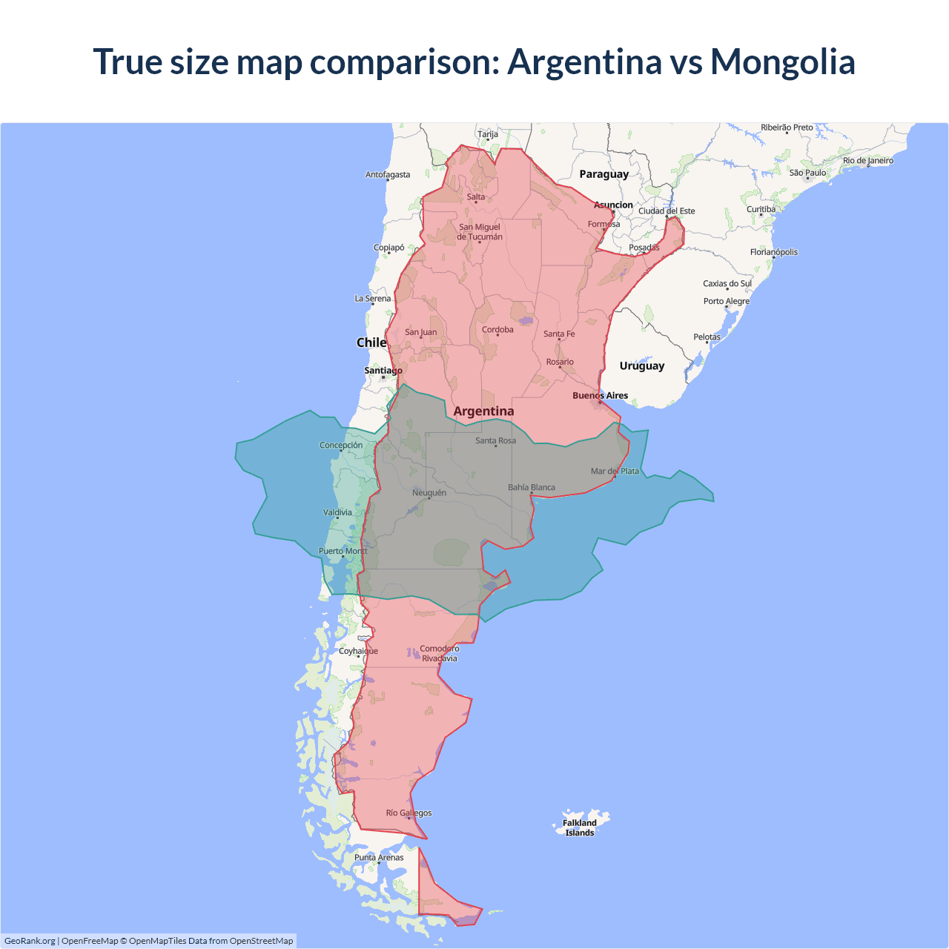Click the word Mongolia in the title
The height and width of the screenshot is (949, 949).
coord(782,62)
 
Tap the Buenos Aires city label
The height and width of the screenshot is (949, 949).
coord(600,396)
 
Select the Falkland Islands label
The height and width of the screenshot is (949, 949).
coord(580,827)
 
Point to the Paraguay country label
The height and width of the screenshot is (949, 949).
coord(604,174)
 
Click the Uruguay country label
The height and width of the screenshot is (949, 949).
coord(642,366)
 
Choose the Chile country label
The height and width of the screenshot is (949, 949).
coord(371,343)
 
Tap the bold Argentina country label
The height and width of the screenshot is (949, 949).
coord(483,411)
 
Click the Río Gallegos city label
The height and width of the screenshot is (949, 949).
coord(409,813)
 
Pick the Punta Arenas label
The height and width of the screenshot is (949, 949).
coord(379,858)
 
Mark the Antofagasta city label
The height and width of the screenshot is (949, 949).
coord(388,175)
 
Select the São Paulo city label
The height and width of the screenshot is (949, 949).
coord(807,173)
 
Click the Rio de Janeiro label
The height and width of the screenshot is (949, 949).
coord(868,161)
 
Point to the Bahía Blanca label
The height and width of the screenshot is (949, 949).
coord(532,488)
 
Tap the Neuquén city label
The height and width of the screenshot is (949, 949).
coord(429,493)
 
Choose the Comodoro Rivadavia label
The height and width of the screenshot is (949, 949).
coord(440,653)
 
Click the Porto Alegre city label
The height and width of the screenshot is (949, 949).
coord(727,302)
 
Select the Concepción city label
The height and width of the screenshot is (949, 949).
coord(341,446)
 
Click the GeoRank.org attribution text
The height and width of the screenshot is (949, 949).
coord(30,941)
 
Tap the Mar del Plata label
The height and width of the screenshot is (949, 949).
coord(615,472)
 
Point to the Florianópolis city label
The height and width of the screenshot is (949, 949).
coord(774,252)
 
